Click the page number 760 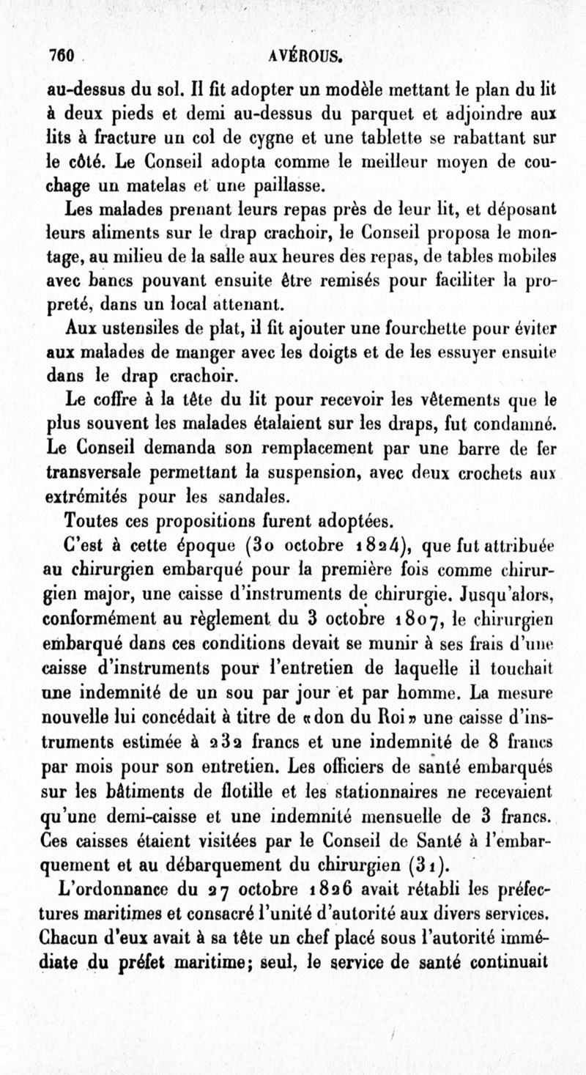pos(62,55)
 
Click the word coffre pos(102,401)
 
